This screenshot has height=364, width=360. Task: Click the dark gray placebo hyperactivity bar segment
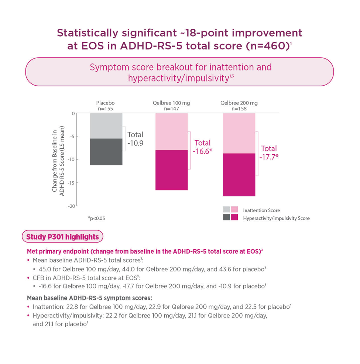click(106, 152)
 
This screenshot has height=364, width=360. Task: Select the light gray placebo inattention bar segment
click(106, 126)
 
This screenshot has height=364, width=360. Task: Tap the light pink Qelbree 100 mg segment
click(171, 131)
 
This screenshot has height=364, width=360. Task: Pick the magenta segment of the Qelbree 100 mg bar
click(171, 170)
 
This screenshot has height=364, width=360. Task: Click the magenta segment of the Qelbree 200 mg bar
click(239, 175)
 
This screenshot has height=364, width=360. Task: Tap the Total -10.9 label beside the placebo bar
click(135, 138)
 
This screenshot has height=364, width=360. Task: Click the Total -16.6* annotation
click(203, 147)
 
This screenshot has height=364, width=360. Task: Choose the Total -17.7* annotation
click(269, 152)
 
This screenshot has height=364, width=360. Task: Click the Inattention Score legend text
click(261, 210)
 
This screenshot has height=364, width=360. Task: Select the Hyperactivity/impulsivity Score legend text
click(276, 218)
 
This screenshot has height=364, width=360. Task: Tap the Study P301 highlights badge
click(62, 237)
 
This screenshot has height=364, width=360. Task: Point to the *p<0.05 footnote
click(96, 219)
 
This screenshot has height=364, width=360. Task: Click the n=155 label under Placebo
click(106, 109)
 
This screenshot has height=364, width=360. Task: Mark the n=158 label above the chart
click(239, 109)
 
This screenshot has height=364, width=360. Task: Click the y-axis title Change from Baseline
click(58, 159)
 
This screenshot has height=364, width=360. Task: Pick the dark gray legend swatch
click(226, 217)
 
